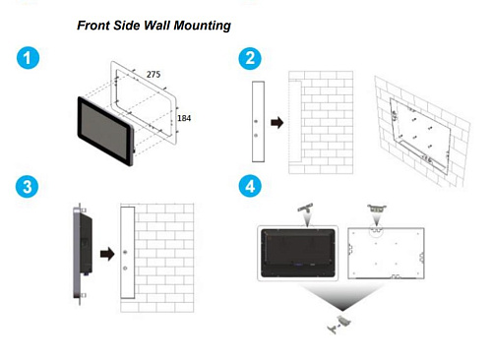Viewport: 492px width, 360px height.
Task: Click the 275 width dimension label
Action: tap(154, 75)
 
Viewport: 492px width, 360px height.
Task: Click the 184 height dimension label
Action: tap(183, 119)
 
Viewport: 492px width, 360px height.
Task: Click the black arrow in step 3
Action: tap(103, 252)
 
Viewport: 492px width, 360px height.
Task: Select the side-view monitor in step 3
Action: tap(79, 252)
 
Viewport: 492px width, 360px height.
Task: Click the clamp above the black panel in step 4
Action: tap(305, 210)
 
